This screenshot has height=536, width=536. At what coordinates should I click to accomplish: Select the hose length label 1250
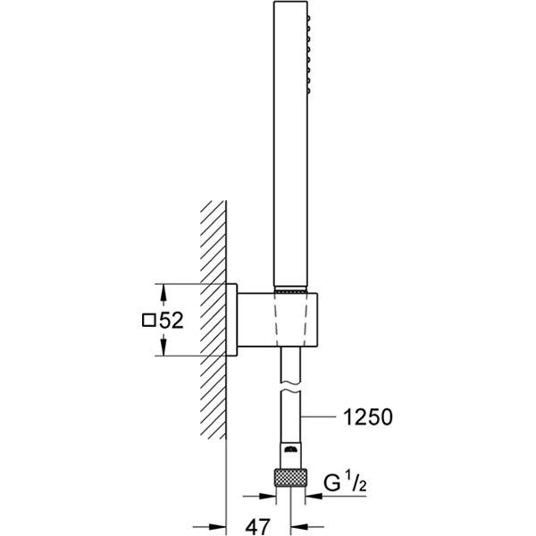365,416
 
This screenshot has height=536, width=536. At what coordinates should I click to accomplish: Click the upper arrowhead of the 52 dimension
162,291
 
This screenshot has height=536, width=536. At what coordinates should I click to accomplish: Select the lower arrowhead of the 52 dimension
162,349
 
